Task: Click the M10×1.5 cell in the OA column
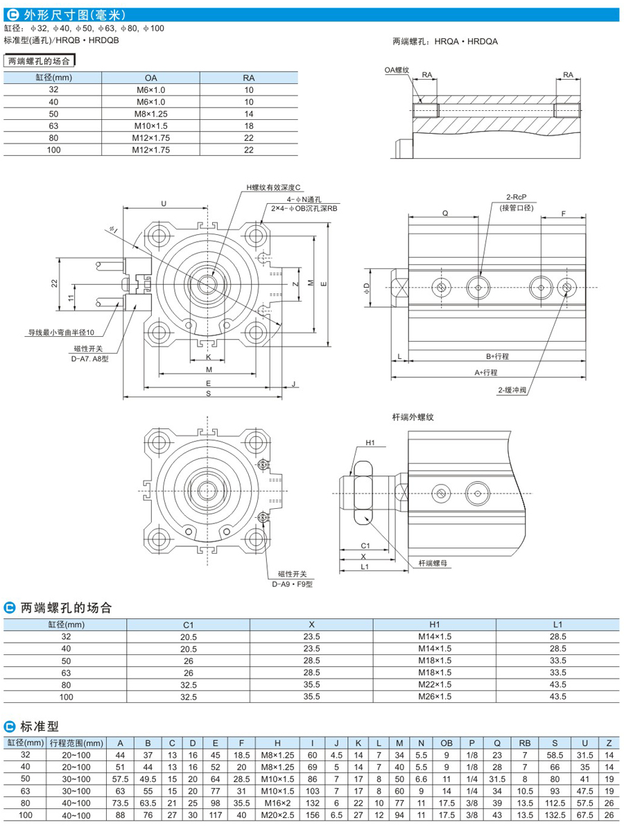coord(151,125)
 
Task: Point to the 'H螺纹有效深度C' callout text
coord(275,188)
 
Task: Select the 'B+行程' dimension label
coord(496,356)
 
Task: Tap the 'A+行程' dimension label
coord(487,372)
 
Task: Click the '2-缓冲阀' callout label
coord(512,390)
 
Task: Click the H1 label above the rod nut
coord(370,442)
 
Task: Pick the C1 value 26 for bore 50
coord(189,661)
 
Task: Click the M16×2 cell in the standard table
coord(277,802)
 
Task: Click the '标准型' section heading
coord(40,726)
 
